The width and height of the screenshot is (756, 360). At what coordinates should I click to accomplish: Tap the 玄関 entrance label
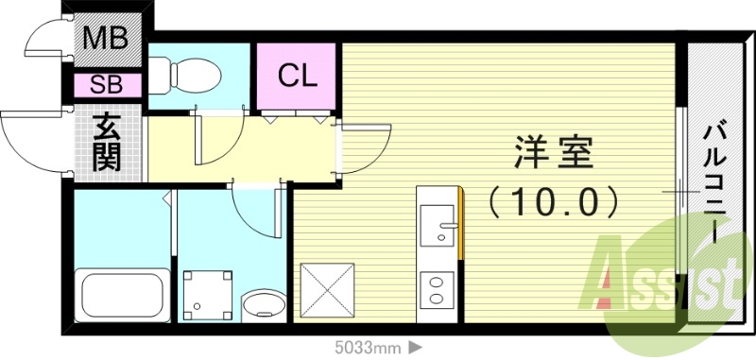coord(107,143)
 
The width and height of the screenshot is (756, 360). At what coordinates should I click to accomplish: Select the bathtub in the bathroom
coord(120,294)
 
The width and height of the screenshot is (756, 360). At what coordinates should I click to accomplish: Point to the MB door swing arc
coord(47,43)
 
